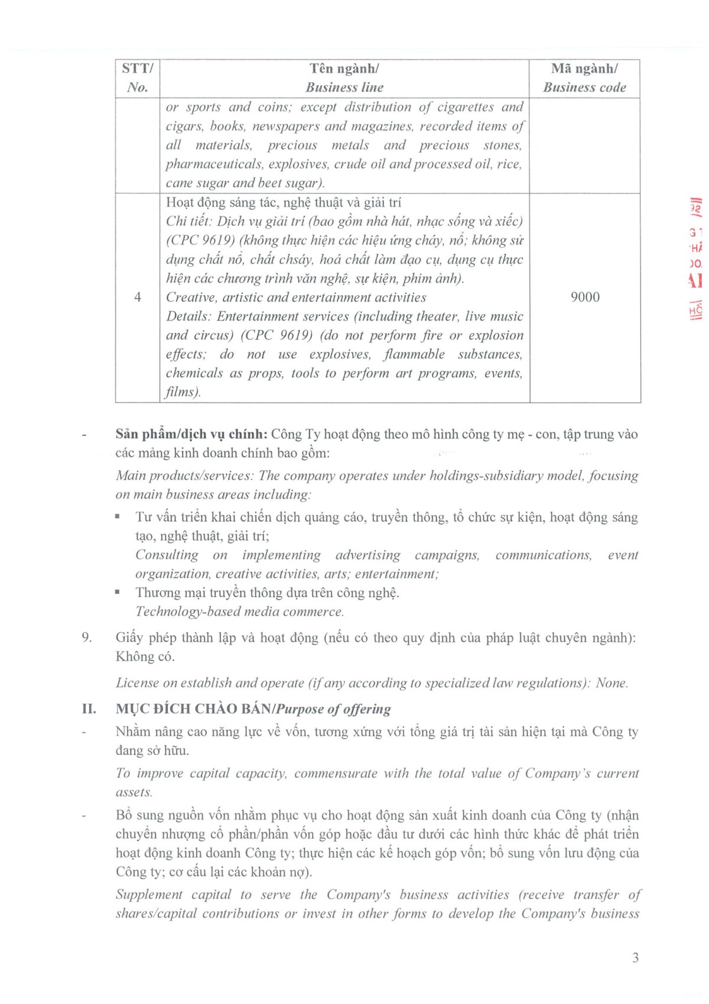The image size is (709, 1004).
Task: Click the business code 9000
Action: click(x=585, y=297)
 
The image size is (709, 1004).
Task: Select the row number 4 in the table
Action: click(x=138, y=297)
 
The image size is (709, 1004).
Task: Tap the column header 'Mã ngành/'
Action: click(x=584, y=69)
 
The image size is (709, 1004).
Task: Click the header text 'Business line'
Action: click(x=344, y=88)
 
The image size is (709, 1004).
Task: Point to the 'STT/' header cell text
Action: click(x=138, y=69)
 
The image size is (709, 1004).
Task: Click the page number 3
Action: click(x=635, y=958)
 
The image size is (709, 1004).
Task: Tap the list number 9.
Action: click(x=87, y=637)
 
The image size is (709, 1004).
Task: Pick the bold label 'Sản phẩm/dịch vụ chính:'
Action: click(x=191, y=434)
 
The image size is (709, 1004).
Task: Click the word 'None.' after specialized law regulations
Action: click(x=612, y=683)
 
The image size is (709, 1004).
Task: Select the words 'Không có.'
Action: click(x=145, y=656)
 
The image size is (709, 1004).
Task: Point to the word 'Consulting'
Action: click(x=167, y=555)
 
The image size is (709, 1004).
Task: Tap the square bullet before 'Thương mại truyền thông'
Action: click(x=118, y=592)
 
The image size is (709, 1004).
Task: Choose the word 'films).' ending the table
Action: click(x=183, y=391)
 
